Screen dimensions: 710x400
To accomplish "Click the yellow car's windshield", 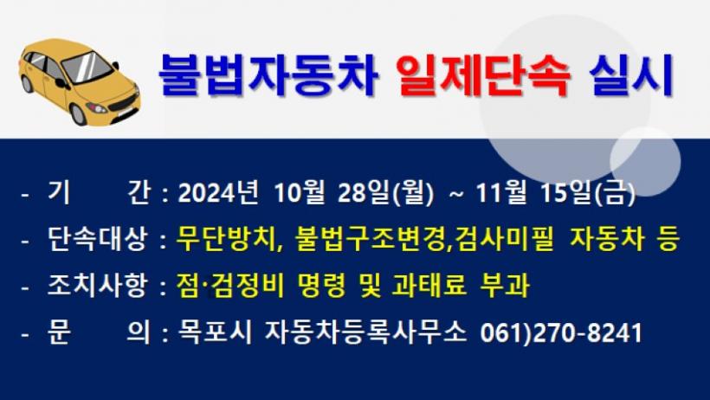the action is pyautogui.click(x=87, y=67).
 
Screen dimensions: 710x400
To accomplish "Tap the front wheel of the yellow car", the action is pyautogui.click(x=78, y=114).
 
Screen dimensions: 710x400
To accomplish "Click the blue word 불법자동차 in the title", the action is pyautogui.click(x=268, y=75).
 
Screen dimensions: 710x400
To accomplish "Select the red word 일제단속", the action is pyautogui.click(x=483, y=75).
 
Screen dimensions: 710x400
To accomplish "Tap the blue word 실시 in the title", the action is pyautogui.click(x=631, y=75).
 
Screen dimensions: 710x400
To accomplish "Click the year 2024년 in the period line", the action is pyautogui.click(x=218, y=192).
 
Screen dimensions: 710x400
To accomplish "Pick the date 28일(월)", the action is pyautogui.click(x=386, y=192).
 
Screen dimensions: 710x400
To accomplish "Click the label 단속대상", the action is pyautogui.click(x=97, y=239).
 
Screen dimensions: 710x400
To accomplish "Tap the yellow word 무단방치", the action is pyautogui.click(x=226, y=239).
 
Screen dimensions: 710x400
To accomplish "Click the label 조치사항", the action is pyautogui.click(x=97, y=286).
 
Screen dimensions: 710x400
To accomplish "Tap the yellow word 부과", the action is pyautogui.click(x=504, y=286).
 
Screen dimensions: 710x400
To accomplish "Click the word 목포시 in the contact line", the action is pyautogui.click(x=214, y=332).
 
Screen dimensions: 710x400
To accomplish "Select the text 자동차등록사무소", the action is pyautogui.click(x=365, y=332).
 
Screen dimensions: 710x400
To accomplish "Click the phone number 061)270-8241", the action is pyautogui.click(x=561, y=333).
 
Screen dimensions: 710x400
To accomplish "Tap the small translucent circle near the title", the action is pyautogui.click(x=645, y=161).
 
